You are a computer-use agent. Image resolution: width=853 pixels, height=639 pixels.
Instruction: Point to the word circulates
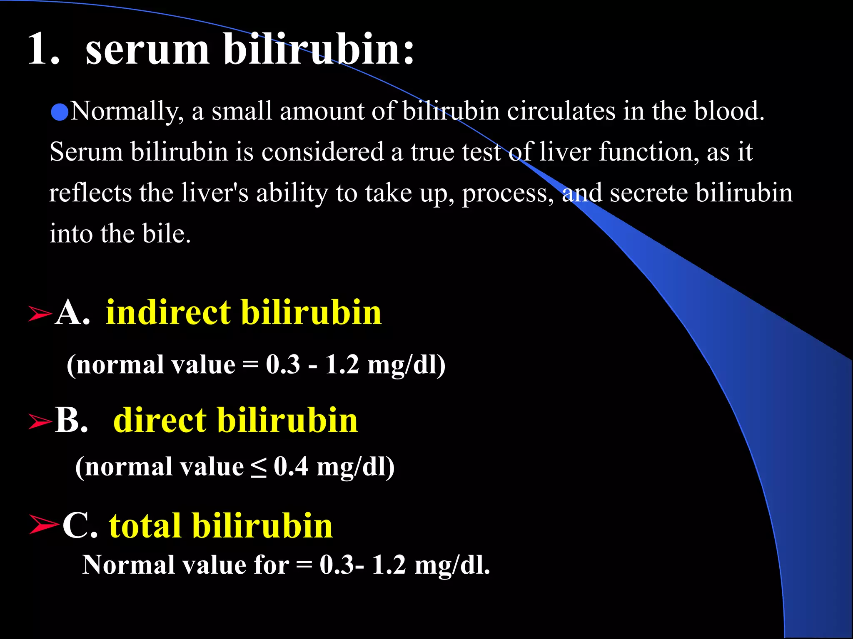point(561,111)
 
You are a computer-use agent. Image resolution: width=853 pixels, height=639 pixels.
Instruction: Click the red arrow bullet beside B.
point(40,421)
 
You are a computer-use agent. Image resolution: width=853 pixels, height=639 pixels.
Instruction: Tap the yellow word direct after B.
point(160,420)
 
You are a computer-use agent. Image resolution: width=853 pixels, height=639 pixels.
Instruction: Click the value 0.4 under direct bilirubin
point(291,466)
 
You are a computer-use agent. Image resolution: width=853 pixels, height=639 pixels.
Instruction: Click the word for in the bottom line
point(271,565)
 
